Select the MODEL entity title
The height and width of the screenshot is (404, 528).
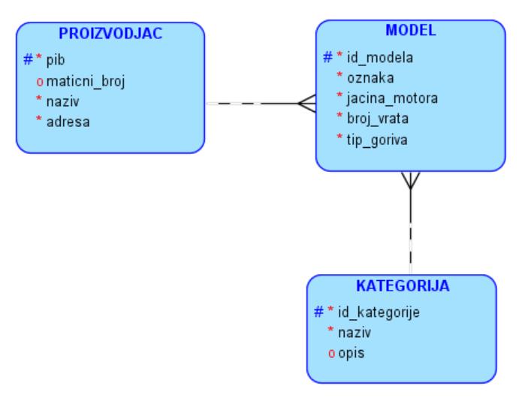pyautogui.click(x=410, y=31)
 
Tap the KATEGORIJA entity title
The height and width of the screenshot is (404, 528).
pyautogui.click(x=402, y=285)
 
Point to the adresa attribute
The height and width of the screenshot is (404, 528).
pyautogui.click(x=66, y=121)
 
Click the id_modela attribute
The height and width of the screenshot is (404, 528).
pyautogui.click(x=379, y=58)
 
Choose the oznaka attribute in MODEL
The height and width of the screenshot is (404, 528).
pyautogui.click(x=370, y=77)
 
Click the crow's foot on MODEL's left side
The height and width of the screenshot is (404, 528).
pyautogui.click(x=306, y=104)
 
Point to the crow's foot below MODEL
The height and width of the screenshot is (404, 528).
pyautogui.click(x=410, y=181)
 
